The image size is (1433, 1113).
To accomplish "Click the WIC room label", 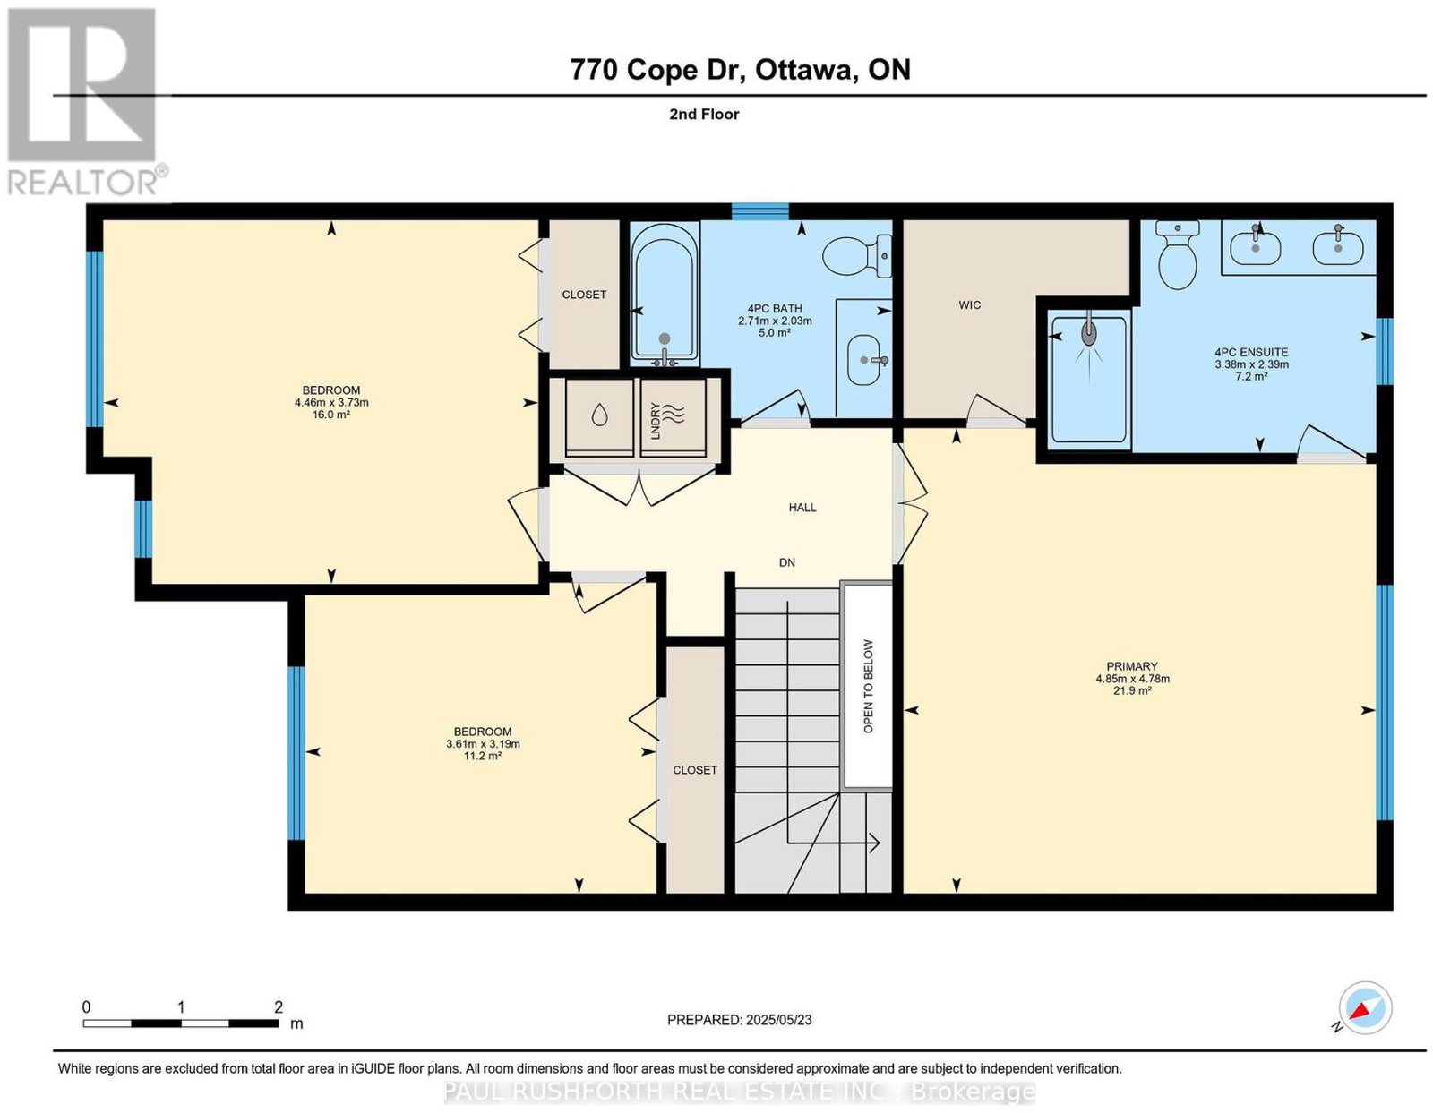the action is click(969, 304).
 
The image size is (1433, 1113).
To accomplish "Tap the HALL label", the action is click(802, 507).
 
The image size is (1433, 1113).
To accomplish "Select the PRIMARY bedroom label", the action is click(1132, 666).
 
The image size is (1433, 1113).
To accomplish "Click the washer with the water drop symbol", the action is click(599, 417).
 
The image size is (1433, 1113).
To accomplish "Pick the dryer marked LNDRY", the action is click(673, 417).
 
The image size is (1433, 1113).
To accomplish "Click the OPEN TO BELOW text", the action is click(868, 686).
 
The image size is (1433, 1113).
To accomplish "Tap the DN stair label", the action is click(786, 562).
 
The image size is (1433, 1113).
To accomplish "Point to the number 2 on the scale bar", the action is click(279, 1006).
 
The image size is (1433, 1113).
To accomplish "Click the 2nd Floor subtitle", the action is click(704, 114).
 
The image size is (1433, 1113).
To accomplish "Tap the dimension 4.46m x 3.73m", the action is click(331, 402).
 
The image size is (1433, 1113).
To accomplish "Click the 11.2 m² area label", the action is click(483, 756).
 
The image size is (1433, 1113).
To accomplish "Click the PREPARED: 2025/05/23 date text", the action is click(739, 1019).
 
